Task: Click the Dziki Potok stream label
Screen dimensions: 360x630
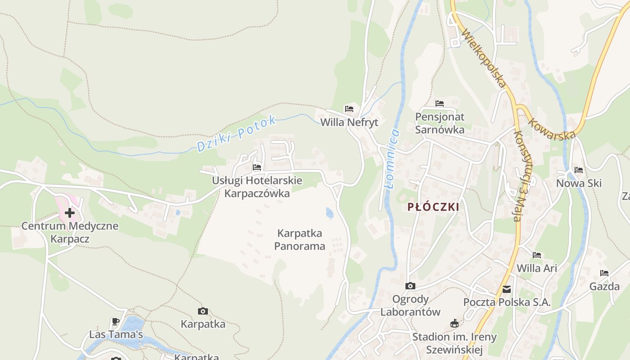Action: (x=237, y=134)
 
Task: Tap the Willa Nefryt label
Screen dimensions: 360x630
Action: (x=349, y=122)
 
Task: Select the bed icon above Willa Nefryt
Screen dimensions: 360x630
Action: (x=349, y=108)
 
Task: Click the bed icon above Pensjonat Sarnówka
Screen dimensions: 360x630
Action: (x=440, y=103)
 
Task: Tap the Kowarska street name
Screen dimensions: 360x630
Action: (x=552, y=129)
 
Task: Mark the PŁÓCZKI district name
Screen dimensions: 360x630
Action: (x=433, y=207)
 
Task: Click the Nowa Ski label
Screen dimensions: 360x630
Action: (x=579, y=184)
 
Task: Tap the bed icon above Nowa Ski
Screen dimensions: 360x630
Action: (x=579, y=170)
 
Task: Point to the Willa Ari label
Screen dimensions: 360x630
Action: (x=537, y=269)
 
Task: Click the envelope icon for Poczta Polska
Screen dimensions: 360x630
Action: (x=507, y=289)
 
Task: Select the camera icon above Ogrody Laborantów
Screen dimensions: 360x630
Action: (x=410, y=286)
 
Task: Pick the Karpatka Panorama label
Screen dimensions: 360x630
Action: (x=300, y=240)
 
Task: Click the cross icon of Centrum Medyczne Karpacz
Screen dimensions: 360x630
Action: (x=70, y=212)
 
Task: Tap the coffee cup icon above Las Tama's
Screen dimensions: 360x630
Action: (x=116, y=321)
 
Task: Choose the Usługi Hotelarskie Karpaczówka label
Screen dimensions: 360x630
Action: (x=257, y=187)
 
